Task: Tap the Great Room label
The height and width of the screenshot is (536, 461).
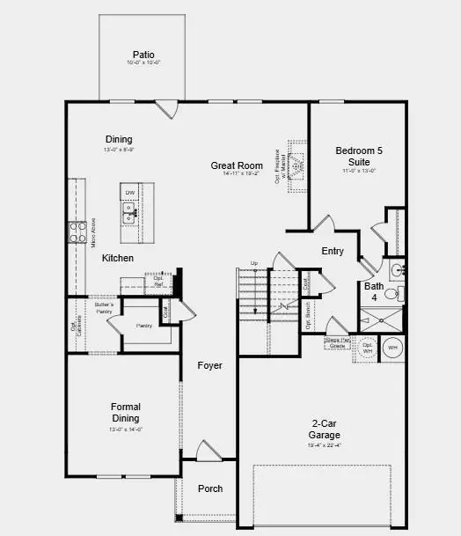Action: click(x=238, y=165)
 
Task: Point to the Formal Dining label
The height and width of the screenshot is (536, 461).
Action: click(x=126, y=412)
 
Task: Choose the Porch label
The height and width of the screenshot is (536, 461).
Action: click(x=210, y=488)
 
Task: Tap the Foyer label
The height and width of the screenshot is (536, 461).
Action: click(x=209, y=365)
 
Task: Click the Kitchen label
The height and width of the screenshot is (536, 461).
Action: click(x=118, y=258)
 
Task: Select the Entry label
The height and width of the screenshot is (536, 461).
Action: click(x=333, y=251)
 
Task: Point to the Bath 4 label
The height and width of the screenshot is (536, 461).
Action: click(x=374, y=291)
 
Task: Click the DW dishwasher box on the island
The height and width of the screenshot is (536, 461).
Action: click(x=129, y=192)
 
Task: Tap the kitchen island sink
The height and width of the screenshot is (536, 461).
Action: click(x=129, y=210)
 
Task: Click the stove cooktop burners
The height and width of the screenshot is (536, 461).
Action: click(x=74, y=231)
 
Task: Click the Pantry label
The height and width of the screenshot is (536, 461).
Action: click(x=144, y=326)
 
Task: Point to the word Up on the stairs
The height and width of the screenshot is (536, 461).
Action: click(x=254, y=263)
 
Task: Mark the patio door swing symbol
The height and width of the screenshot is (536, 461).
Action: click(x=165, y=108)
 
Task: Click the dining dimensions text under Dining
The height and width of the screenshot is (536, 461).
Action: click(x=119, y=151)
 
